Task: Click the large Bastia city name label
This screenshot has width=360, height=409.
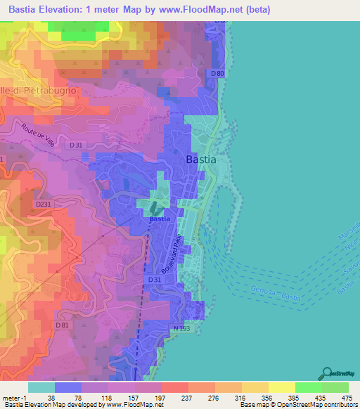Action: (x=201, y=160)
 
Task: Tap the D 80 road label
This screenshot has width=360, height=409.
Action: (x=217, y=73)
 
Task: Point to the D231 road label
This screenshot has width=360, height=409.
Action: (x=44, y=204)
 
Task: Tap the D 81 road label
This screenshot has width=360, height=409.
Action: (x=64, y=325)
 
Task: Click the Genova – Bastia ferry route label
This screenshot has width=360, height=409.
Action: (x=276, y=294)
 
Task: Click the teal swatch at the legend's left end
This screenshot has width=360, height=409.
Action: (x=41, y=387)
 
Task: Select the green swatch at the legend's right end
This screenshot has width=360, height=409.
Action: (x=335, y=387)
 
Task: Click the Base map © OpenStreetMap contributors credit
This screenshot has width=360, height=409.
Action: (x=296, y=405)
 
